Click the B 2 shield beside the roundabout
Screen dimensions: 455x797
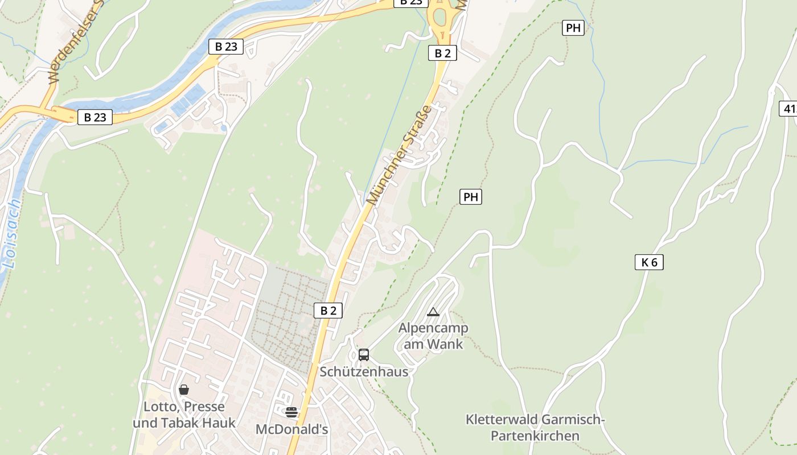pyautogui.click(x=442, y=53)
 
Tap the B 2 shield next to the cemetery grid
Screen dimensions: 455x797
pyautogui.click(x=328, y=311)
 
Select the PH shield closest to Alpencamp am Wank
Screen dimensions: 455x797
pyautogui.click(x=471, y=197)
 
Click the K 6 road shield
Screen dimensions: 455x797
pyautogui.click(x=649, y=262)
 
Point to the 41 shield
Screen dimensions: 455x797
pyautogui.click(x=789, y=109)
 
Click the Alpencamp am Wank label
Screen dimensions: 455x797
pyautogui.click(x=433, y=336)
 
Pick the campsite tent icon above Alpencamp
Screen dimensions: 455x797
pyautogui.click(x=433, y=312)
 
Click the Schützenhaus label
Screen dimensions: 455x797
pyautogui.click(x=364, y=372)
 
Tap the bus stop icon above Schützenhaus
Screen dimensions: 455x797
pyautogui.click(x=364, y=355)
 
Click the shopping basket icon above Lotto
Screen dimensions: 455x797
pyautogui.click(x=184, y=390)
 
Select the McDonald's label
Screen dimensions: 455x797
pyautogui.click(x=291, y=429)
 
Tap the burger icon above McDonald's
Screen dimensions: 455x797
pyautogui.click(x=291, y=412)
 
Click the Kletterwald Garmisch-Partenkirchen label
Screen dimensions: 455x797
pyautogui.click(x=535, y=428)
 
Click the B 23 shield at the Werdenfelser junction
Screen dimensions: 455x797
pyautogui.click(x=95, y=118)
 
